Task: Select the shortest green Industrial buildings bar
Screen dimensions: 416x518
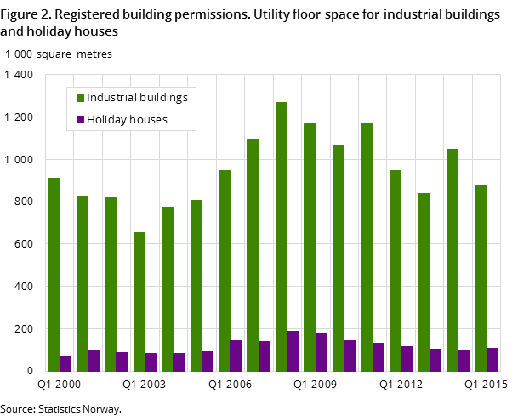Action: [139, 301]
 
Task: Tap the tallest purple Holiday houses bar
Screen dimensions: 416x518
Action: [293, 350]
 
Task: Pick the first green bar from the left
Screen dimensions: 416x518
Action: [54, 274]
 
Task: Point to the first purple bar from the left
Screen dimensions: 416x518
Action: [65, 363]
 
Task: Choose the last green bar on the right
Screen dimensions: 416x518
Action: [481, 278]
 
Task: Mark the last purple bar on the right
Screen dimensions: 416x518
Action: [492, 359]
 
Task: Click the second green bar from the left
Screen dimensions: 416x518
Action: [82, 283]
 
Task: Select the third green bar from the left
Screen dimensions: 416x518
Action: [111, 284]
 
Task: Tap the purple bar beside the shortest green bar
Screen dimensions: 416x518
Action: [151, 362]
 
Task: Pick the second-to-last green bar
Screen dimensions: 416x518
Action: [453, 259]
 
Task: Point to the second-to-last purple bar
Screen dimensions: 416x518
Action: [464, 361]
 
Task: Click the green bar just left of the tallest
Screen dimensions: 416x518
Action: [253, 254]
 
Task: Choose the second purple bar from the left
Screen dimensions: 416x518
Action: [94, 360]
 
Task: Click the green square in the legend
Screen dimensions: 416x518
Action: [80, 98]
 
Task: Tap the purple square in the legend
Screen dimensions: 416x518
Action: [80, 120]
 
